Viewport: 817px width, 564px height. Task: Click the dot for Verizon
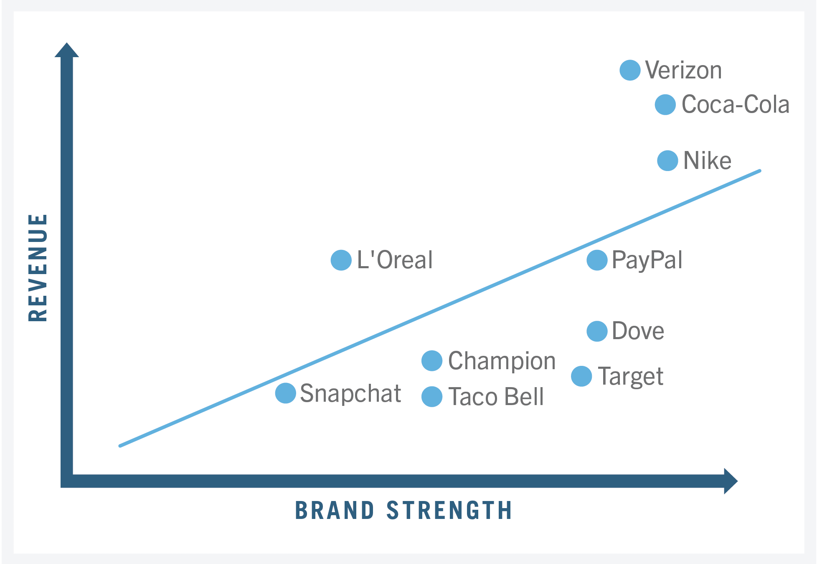(630, 70)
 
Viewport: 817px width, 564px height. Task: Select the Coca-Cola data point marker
(665, 105)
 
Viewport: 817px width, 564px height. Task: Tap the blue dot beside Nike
(667, 161)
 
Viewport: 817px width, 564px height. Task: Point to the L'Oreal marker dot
(341, 260)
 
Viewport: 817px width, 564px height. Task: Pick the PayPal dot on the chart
(597, 260)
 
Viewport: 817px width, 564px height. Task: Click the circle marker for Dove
(597, 331)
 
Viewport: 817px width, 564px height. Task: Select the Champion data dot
(432, 361)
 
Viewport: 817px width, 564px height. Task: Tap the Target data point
(581, 376)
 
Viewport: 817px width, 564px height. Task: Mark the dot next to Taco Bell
(432, 397)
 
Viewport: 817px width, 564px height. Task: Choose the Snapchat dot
(286, 393)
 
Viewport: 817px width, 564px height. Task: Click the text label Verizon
(683, 70)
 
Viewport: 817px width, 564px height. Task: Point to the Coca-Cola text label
(735, 105)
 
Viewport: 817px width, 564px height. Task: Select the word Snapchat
(350, 393)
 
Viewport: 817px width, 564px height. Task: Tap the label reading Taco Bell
(496, 397)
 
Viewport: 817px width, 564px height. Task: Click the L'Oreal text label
(395, 260)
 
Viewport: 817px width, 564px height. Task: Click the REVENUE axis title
(38, 268)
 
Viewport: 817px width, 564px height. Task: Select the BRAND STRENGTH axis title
(403, 511)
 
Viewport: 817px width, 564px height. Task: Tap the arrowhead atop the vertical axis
(67, 50)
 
